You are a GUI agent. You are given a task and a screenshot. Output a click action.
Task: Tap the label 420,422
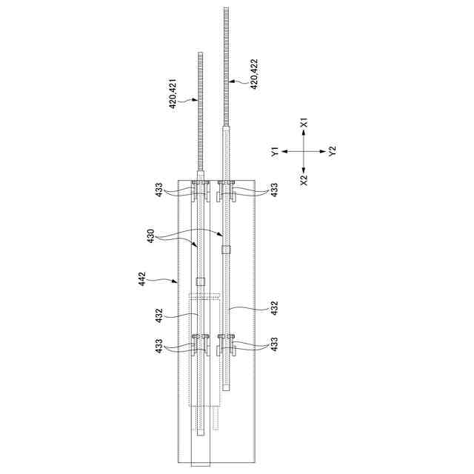[254, 74]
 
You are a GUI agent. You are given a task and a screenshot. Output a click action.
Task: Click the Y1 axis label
[275, 151]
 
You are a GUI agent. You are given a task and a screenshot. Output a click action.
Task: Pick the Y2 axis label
[333, 150]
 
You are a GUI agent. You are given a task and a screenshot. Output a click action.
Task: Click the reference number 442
[141, 279]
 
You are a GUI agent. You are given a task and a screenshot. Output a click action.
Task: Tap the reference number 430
[150, 236]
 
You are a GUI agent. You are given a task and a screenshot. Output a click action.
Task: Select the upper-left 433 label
[159, 190]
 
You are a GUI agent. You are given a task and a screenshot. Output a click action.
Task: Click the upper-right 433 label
[274, 190]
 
